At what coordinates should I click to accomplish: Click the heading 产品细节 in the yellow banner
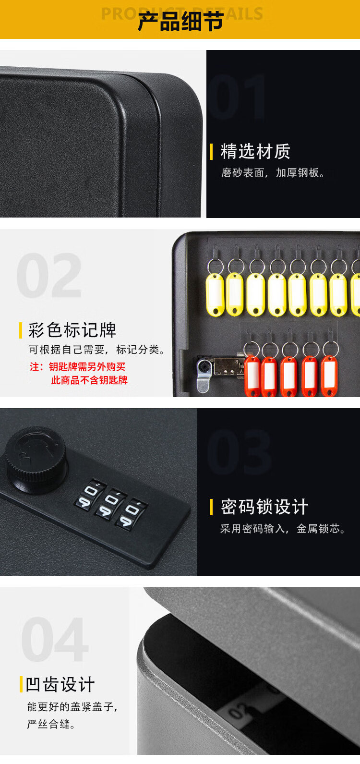[180, 21]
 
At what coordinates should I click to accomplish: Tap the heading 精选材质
[255, 151]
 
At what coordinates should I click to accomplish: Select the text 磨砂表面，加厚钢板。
[273, 173]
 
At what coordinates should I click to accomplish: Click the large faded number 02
[49, 276]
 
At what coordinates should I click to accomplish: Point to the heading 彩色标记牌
[72, 330]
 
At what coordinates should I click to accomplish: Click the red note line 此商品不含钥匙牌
[89, 380]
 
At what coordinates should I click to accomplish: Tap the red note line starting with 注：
[77, 367]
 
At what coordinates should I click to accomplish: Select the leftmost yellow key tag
[215, 295]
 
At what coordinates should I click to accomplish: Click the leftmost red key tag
[252, 376]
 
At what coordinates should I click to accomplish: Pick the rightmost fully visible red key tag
[329, 376]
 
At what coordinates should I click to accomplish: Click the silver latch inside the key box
[204, 375]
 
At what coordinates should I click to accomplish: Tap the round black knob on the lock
[36, 459]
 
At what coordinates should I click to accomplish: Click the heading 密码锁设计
[264, 507]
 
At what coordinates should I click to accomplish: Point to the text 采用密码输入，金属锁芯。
[283, 529]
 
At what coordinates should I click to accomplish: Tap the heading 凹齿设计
[60, 685]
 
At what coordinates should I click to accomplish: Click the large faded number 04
[55, 640]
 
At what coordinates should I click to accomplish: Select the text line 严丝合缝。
[51, 725]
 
